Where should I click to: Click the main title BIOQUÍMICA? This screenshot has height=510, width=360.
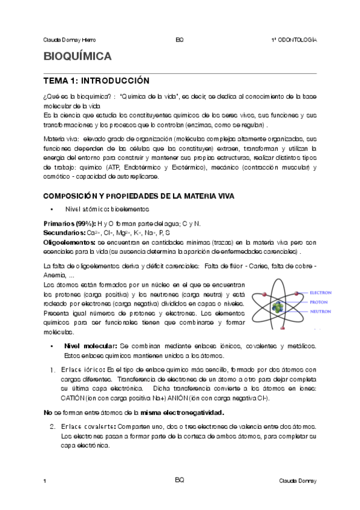pos(78,58)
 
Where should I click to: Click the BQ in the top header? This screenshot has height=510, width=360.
pos(179,40)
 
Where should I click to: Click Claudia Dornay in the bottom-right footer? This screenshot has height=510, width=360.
pos(297,482)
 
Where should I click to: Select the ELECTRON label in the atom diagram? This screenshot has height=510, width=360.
pos(320,293)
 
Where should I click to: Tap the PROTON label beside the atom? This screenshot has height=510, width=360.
pos(318,303)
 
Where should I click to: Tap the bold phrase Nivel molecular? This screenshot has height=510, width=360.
pos(91,346)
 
